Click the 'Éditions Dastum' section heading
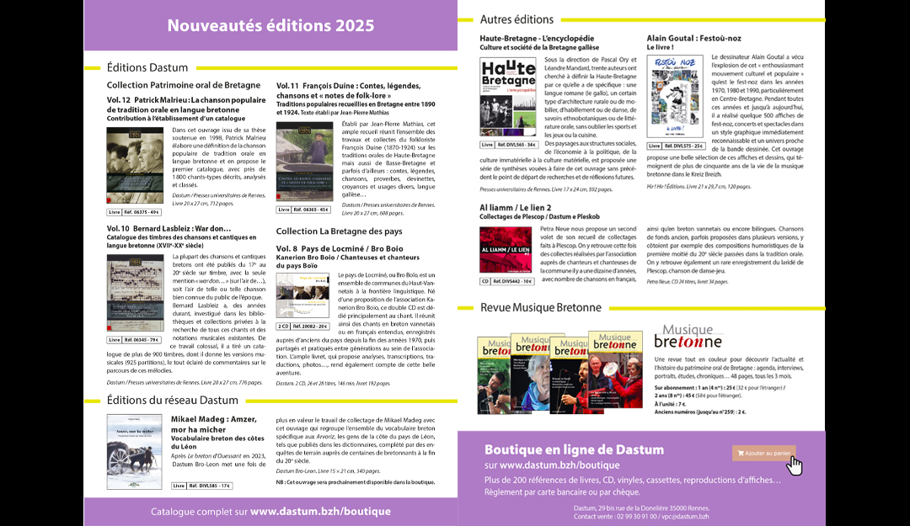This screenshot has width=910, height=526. pos(147,67)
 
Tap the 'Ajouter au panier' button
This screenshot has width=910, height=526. pos(763,453)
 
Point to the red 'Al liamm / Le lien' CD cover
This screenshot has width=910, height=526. pos(505,249)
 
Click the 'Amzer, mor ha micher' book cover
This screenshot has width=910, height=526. pos(135,445)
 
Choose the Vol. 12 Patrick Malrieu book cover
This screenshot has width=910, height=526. pos(135,165)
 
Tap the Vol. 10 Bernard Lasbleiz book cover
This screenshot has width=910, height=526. pos(135,293)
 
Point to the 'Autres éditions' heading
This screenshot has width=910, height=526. pos(517,19)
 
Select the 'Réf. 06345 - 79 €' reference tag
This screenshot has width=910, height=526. pos(135,340)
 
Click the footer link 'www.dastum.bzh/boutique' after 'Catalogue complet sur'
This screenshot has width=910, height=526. pos(320,511)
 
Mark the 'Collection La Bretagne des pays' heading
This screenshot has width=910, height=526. pos(340,231)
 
